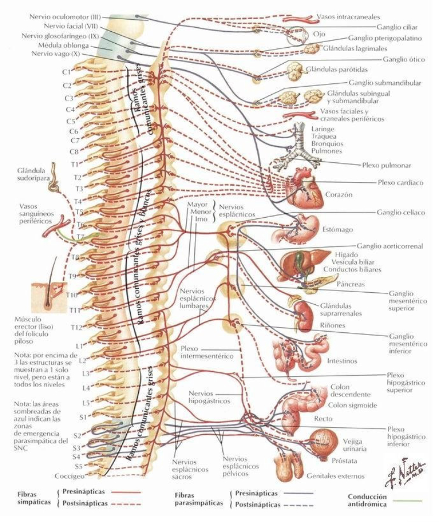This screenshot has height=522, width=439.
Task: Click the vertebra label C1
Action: [x=66, y=72]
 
